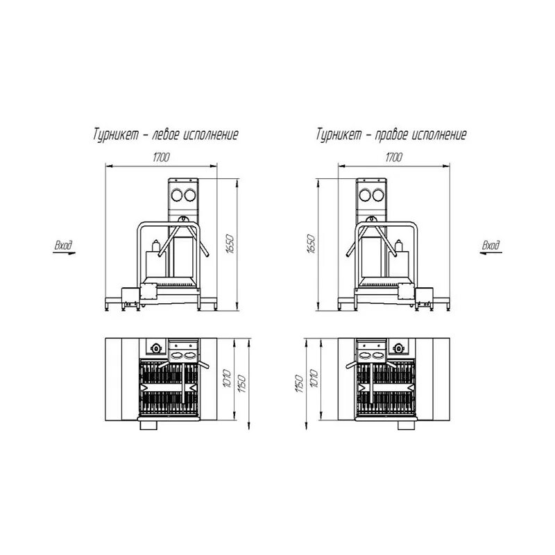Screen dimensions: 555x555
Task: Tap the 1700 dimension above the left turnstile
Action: coord(161,157)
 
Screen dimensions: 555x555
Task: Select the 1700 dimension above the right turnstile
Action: coord(393,157)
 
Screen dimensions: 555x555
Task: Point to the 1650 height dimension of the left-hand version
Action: coord(230,244)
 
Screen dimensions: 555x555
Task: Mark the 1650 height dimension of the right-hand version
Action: coord(311,244)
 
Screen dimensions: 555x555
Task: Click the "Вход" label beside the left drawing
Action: coord(63,245)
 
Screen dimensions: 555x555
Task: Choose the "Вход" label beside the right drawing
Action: coord(491,245)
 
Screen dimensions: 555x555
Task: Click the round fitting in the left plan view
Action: coord(156,347)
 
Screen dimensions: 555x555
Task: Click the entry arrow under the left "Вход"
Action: coord(63,253)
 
